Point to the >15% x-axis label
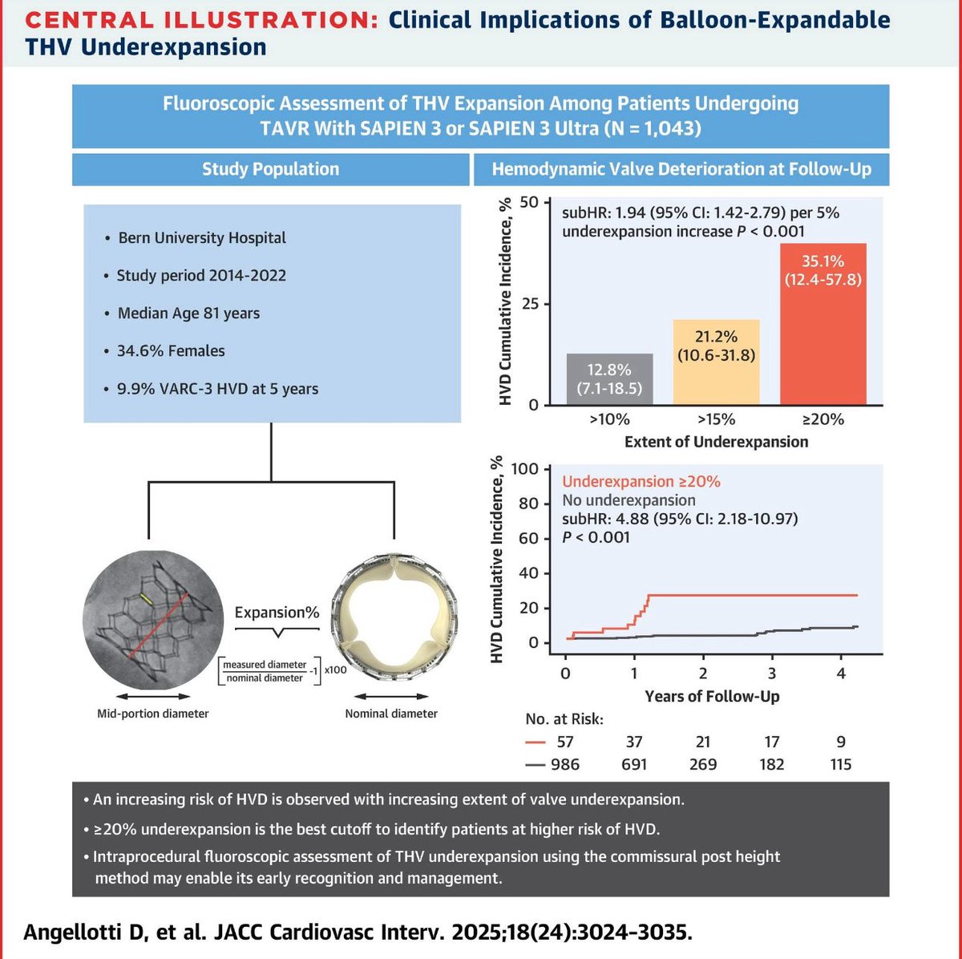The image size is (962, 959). click(716, 419)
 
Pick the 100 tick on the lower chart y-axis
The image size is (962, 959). click(526, 468)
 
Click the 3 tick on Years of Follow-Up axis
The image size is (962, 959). click(771, 674)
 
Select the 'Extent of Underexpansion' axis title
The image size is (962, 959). click(716, 442)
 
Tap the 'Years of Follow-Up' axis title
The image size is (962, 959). click(712, 696)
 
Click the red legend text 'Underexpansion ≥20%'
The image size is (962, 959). click(641, 481)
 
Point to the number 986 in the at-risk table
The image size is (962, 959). click(566, 764)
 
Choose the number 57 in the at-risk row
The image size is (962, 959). click(566, 742)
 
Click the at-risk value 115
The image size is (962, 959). click(841, 764)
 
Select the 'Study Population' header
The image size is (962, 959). click(270, 169)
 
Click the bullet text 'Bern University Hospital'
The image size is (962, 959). click(202, 238)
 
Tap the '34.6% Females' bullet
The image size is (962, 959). click(171, 351)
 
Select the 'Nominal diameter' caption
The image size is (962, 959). click(391, 714)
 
